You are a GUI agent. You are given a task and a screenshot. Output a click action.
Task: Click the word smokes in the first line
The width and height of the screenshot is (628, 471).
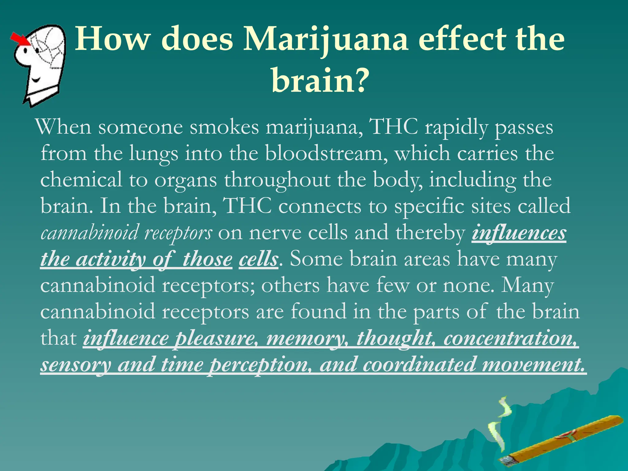point(224,127)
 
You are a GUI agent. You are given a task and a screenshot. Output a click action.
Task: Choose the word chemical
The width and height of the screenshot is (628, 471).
point(81,180)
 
